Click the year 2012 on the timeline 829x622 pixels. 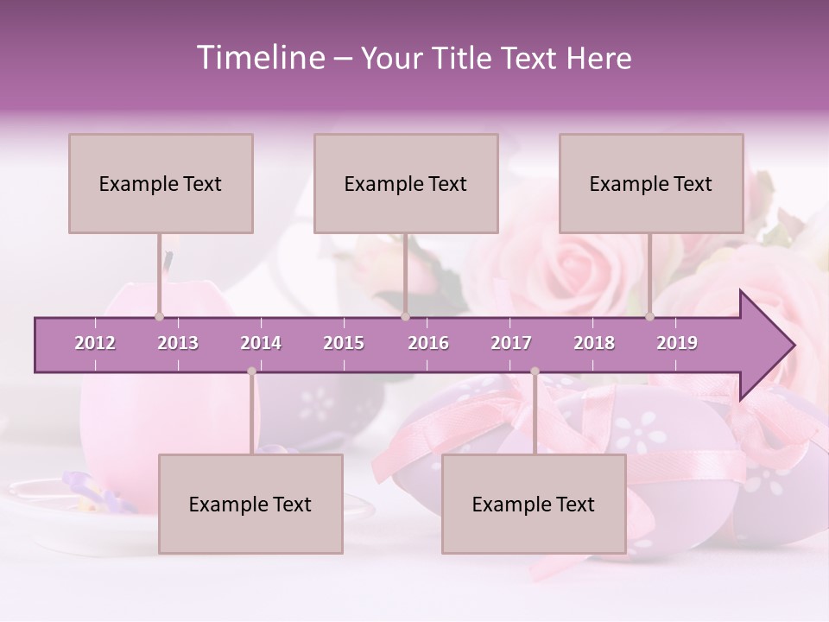tap(95, 343)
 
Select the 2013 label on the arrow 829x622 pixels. tap(178, 343)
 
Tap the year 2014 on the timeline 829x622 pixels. tap(261, 343)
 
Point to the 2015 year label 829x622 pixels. tap(344, 343)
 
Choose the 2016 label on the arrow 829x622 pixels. tap(428, 343)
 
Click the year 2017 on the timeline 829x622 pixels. tap(511, 343)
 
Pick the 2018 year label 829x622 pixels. tap(594, 343)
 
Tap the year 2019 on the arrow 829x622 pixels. tap(677, 343)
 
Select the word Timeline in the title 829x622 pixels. tap(259, 58)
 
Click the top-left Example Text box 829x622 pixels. tap(161, 183)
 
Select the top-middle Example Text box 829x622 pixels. tap(406, 183)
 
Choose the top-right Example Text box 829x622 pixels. tap(651, 183)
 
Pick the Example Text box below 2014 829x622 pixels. tap(250, 504)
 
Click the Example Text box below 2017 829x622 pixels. tap(534, 504)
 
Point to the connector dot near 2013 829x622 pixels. tap(159, 317)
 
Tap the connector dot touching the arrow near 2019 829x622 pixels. tap(649, 317)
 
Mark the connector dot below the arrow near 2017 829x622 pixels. tap(535, 371)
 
